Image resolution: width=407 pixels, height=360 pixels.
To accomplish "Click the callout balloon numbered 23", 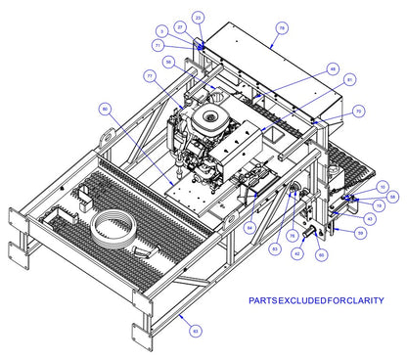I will pyautogui.click(x=199, y=18).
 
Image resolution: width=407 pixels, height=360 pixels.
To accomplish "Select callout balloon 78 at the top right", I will pyautogui.click(x=281, y=29).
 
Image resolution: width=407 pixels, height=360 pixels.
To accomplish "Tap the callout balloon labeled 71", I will pyautogui.click(x=158, y=45).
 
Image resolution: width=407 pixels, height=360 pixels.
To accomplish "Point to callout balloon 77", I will pyautogui.click(x=149, y=75).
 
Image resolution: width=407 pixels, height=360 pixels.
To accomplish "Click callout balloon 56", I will pyautogui.click(x=169, y=62).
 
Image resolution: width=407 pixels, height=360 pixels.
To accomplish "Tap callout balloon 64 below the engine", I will pyautogui.click(x=249, y=228).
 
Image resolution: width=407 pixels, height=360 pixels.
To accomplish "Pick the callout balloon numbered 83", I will pyautogui.click(x=275, y=251).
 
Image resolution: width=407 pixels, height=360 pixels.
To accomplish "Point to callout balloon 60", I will pyautogui.click(x=322, y=254).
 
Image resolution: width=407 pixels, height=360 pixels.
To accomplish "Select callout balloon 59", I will pyautogui.click(x=360, y=233).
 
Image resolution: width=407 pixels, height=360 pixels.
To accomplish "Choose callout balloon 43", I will pyautogui.click(x=370, y=218).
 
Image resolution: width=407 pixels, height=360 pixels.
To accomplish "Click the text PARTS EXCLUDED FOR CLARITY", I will pyautogui.click(x=315, y=300).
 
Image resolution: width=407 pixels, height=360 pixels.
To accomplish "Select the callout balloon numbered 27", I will pyautogui.click(x=180, y=26).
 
